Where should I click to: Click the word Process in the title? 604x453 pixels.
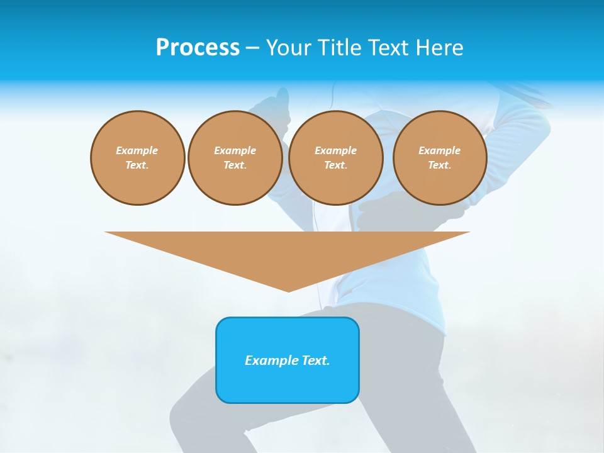pos(198,47)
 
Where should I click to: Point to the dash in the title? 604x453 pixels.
pos(252,48)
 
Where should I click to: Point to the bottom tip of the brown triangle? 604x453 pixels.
pos(288,291)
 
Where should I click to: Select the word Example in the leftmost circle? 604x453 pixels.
pos(137,150)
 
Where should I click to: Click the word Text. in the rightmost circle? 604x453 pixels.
pos(440,165)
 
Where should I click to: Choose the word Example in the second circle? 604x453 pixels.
pos(235,150)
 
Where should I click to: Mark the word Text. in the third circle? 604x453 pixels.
pos(335,165)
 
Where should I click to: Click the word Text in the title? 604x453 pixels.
pos(388,47)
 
